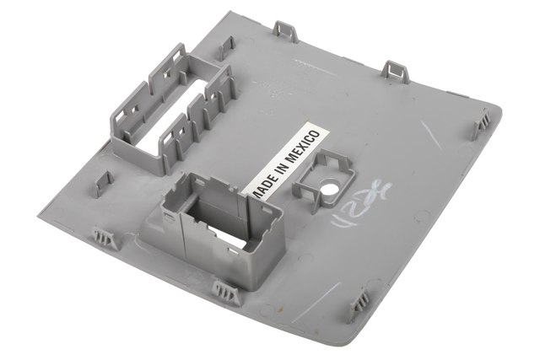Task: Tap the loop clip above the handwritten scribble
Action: [x=396, y=71]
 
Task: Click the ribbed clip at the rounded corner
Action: [x=484, y=123]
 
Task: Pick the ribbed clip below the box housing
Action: [x=227, y=293]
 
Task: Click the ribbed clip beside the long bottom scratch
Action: [x=361, y=300]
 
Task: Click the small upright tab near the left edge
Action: [x=104, y=182]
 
